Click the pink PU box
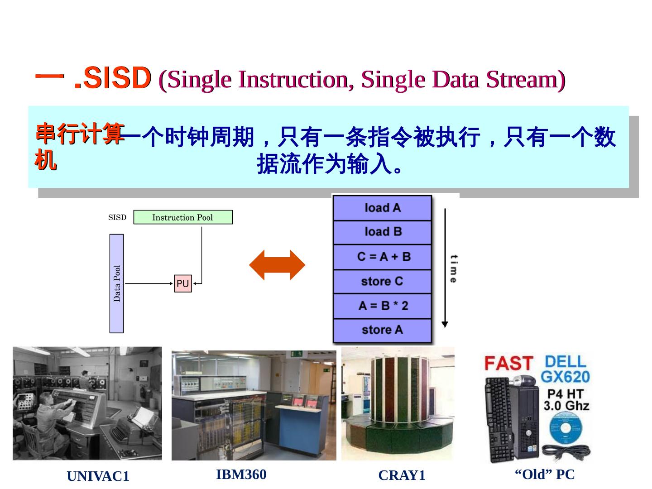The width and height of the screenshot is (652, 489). click(183, 283)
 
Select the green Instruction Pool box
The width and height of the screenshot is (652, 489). click(182, 217)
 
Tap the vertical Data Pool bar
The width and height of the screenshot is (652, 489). click(117, 283)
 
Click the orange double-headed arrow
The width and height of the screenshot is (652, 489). click(277, 265)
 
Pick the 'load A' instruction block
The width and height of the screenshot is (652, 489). click(383, 208)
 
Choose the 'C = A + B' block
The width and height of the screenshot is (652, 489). click(383, 257)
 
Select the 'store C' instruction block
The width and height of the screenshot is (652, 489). click(383, 281)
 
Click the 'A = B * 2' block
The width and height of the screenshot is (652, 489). click(383, 306)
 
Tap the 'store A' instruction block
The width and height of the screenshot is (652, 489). click(383, 330)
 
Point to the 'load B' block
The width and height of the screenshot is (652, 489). click(383, 232)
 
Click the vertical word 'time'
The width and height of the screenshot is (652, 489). click(453, 269)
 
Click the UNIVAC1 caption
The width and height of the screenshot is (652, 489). click(98, 476)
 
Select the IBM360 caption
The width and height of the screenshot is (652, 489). click(241, 475)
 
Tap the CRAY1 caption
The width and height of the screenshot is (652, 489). click(402, 475)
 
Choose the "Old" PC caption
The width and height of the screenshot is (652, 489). click(545, 475)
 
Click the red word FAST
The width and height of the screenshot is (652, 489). click(508, 363)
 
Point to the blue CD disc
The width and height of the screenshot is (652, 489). click(565, 429)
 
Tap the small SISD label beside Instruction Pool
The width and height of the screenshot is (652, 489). click(117, 217)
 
